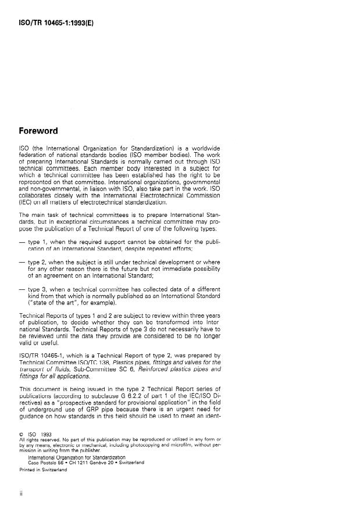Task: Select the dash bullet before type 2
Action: [x=24, y=246]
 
